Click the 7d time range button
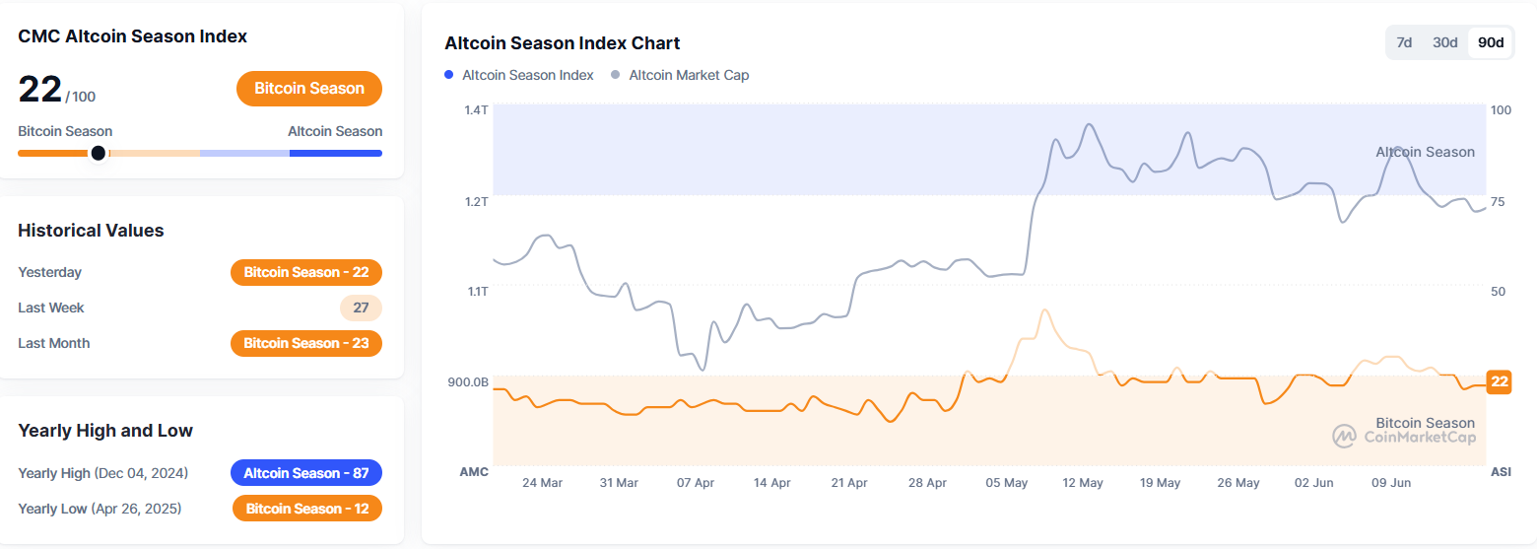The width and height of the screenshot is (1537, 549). (x=1405, y=42)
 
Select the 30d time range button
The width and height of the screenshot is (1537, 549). (x=1445, y=42)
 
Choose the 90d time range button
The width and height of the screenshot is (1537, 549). (x=1491, y=42)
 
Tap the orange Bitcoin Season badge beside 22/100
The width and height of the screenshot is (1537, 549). (x=309, y=89)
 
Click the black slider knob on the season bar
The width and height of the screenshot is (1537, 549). (x=98, y=153)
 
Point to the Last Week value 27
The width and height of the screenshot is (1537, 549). (x=361, y=308)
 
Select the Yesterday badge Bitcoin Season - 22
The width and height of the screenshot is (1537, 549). (x=306, y=272)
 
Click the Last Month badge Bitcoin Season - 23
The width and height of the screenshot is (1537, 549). (x=306, y=343)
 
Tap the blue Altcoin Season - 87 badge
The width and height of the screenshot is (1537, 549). (x=306, y=473)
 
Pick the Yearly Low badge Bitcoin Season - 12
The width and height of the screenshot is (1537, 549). (x=307, y=509)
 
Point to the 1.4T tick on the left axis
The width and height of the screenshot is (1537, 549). (x=476, y=109)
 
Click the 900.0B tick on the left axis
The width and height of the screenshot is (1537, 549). (x=470, y=381)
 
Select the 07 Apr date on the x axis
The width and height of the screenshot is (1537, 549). (x=696, y=483)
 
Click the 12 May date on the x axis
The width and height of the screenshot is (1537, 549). (x=1083, y=483)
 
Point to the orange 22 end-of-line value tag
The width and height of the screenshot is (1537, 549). (x=1499, y=381)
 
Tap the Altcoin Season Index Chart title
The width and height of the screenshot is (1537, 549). (x=563, y=43)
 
